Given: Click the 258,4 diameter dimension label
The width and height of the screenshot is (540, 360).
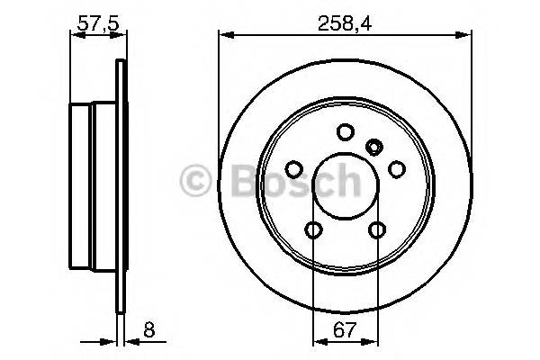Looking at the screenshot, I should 346,20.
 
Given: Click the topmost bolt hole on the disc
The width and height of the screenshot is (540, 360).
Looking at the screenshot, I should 345,132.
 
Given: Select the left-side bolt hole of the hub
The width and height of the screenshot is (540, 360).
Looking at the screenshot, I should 293,168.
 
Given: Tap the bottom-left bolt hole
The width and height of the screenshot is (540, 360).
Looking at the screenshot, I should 313,230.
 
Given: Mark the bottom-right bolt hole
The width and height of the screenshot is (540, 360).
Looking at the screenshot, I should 377,230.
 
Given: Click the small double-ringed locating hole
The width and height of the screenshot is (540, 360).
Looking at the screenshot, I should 375,144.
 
